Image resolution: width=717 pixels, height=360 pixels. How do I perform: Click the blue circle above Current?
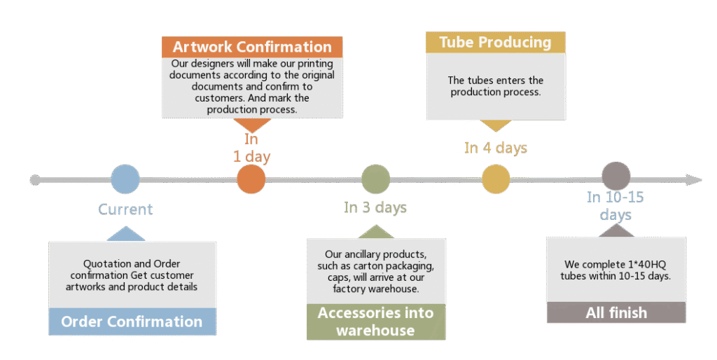[x=125, y=179]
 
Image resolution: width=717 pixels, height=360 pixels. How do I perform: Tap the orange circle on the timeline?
[x=251, y=179]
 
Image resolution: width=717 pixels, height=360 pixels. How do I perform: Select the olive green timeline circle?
[x=375, y=179]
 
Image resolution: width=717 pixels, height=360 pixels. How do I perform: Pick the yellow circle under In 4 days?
[x=496, y=179]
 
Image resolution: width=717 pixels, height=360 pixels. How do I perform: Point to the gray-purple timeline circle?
[x=616, y=176]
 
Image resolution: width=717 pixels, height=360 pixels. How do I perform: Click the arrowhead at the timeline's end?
[x=694, y=180]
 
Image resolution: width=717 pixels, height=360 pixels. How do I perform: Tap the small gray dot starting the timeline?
[x=35, y=180]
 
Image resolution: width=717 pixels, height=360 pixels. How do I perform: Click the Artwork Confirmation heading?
[x=252, y=48]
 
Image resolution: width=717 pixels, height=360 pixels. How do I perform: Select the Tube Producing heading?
[x=495, y=42]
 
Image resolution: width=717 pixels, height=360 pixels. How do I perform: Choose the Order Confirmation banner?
[x=132, y=322]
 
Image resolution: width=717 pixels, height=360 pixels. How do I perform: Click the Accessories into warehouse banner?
[x=375, y=321]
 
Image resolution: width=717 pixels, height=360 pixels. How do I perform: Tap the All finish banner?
[x=616, y=312]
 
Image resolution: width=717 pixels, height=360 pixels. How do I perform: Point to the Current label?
[x=125, y=209]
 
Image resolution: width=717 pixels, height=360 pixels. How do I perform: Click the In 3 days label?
[x=375, y=207]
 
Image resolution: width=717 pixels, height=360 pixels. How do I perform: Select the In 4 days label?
[x=496, y=148]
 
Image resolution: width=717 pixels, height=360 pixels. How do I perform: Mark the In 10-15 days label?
[x=615, y=206]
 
